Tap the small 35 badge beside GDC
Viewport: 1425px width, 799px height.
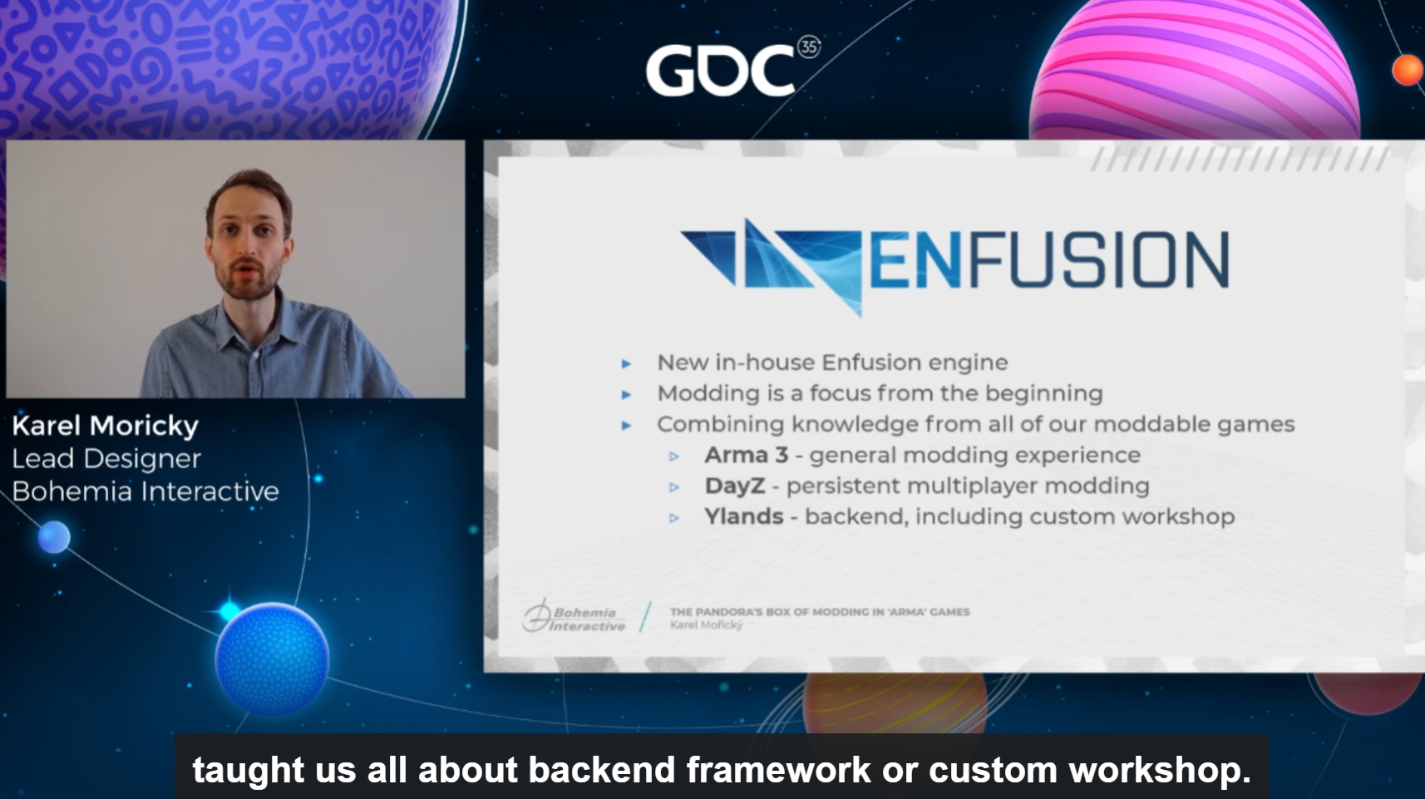[x=809, y=47]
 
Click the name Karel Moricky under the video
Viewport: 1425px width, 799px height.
[x=106, y=427]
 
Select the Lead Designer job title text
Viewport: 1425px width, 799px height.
[x=106, y=459]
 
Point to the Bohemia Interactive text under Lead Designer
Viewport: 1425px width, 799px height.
[x=145, y=491]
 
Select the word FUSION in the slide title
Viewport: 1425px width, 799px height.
[x=1098, y=260]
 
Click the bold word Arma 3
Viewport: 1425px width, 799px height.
[x=747, y=456]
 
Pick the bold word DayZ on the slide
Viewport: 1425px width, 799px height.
[x=735, y=486]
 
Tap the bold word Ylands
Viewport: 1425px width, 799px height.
[x=743, y=516]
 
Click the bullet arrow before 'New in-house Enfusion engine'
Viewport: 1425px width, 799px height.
[x=626, y=364]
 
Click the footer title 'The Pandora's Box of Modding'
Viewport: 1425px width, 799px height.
[x=820, y=612]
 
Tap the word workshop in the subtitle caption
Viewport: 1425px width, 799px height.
[x=1160, y=770]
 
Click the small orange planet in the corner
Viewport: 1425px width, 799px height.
[x=1408, y=70]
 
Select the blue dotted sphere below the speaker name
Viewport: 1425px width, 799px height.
[x=272, y=658]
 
